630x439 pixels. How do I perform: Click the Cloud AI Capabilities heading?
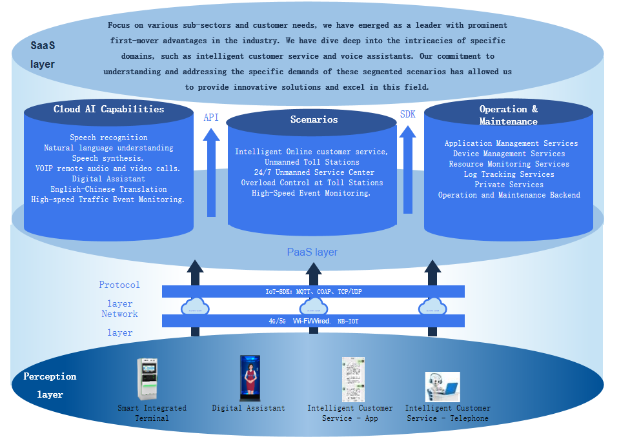pyautogui.click(x=108, y=109)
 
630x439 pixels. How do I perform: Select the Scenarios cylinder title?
pyautogui.click(x=314, y=119)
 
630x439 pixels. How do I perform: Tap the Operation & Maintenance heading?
pyautogui.click(x=508, y=115)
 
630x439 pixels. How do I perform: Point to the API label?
pyautogui.click(x=211, y=117)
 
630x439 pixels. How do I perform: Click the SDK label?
pyautogui.click(x=408, y=114)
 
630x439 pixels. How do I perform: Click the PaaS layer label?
pyautogui.click(x=312, y=252)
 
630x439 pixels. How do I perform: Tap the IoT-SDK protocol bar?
pyautogui.click(x=313, y=292)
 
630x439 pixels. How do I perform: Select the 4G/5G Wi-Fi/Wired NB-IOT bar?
pyautogui.click(x=313, y=321)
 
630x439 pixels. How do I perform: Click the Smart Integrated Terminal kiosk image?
pyautogui.click(x=147, y=379)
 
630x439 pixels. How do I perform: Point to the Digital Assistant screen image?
pyautogui.click(x=249, y=378)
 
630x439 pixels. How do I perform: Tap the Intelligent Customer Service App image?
pyautogui.click(x=353, y=380)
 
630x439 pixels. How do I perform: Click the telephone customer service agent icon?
pyautogui.click(x=442, y=387)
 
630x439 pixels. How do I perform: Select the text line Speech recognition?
pyautogui.click(x=108, y=138)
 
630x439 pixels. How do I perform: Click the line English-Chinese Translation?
pyautogui.click(x=108, y=189)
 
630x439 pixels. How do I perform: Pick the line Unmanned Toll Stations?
pyautogui.click(x=312, y=162)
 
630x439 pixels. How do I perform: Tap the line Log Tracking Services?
pyautogui.click(x=509, y=174)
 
